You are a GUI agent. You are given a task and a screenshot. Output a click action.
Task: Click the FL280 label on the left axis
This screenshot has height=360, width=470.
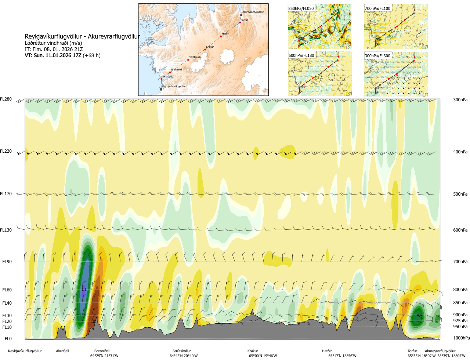[6, 99]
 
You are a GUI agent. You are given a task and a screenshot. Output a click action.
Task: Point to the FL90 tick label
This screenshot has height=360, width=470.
[7, 262]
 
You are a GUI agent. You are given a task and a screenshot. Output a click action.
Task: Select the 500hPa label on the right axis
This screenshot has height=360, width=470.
[460, 194]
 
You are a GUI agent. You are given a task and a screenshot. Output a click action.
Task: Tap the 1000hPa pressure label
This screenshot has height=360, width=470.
[461, 338]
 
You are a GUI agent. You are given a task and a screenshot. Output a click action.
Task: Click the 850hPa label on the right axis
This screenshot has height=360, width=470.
[460, 303]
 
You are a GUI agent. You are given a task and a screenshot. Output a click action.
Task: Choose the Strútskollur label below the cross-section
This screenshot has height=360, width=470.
[182, 351]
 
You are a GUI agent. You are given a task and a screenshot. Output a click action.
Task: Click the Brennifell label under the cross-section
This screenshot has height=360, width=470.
[102, 351]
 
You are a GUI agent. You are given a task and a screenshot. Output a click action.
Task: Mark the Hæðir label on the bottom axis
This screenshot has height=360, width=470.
[327, 351]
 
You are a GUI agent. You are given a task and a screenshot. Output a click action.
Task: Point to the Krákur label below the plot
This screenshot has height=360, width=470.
[253, 351]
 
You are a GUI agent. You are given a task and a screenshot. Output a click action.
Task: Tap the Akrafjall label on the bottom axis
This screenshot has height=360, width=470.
[62, 351]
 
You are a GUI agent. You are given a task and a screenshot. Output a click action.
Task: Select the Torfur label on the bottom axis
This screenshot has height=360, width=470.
[412, 351]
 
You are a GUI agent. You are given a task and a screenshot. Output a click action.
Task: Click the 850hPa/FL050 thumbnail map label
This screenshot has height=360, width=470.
[301, 8]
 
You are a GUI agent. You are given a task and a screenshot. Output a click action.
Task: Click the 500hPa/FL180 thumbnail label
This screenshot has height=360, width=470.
[301, 56]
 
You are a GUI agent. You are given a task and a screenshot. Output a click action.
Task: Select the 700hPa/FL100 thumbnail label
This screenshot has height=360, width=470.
[377, 8]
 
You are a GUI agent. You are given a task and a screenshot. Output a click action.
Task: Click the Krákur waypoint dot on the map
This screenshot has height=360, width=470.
[205, 50]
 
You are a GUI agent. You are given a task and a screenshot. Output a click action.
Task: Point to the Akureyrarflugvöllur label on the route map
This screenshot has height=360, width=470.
[253, 12]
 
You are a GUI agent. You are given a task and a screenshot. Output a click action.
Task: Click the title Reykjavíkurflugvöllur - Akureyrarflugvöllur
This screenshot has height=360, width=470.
[82, 36]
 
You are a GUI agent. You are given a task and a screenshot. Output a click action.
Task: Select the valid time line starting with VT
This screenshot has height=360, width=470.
[62, 55]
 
